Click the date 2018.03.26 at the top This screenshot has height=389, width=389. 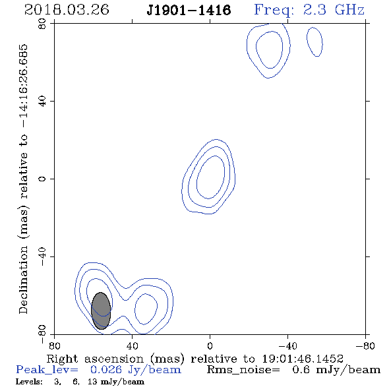point(67,10)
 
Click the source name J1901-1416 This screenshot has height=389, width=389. point(189,11)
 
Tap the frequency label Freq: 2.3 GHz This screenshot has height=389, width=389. point(309,10)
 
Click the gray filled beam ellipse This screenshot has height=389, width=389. point(101,311)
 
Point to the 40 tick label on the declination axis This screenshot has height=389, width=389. point(42,102)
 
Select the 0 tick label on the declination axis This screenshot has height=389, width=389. point(42,179)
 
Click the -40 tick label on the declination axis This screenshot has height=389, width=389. point(42,256)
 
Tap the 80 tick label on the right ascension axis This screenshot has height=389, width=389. point(54,345)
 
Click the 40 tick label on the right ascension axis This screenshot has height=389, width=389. point(132,345)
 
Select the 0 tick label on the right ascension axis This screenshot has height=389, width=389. point(210,345)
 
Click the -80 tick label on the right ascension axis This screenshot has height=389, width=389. point(365,345)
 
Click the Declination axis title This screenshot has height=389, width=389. point(23,179)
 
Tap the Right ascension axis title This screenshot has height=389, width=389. point(194,359)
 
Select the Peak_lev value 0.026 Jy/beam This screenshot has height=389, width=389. point(136,370)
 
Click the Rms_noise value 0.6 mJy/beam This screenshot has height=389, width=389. point(336,370)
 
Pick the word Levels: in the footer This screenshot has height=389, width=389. point(29,382)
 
